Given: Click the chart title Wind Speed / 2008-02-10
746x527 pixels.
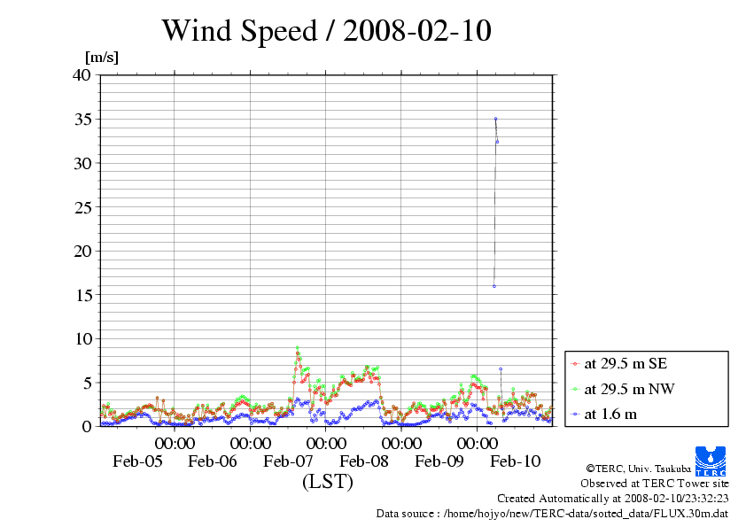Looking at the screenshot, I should (x=326, y=31).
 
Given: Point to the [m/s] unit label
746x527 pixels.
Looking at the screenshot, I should (x=101, y=58).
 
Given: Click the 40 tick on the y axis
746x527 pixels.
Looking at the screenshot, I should (x=82, y=75).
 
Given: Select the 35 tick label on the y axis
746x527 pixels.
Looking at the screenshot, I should (x=82, y=119).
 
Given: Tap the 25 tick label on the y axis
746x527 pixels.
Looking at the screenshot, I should (x=82, y=207).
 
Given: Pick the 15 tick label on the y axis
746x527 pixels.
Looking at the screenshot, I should (x=82, y=294).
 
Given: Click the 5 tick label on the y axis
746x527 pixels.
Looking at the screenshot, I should (x=86, y=383).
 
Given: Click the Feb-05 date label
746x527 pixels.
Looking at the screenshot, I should (x=137, y=461).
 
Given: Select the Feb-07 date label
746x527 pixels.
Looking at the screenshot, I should (x=289, y=461).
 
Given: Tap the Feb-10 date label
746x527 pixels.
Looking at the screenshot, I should (x=516, y=461).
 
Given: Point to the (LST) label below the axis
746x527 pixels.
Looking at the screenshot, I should (x=327, y=482).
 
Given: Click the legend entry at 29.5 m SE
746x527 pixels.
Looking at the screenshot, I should (x=619, y=363).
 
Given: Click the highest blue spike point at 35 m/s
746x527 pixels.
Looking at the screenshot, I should (x=495, y=119).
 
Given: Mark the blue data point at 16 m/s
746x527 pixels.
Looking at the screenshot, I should (x=493, y=286).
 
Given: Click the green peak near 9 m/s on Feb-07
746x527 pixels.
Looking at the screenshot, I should (x=298, y=348).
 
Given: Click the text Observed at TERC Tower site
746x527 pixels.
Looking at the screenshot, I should (x=655, y=484).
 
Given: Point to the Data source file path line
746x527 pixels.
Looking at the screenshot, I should (x=553, y=513).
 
